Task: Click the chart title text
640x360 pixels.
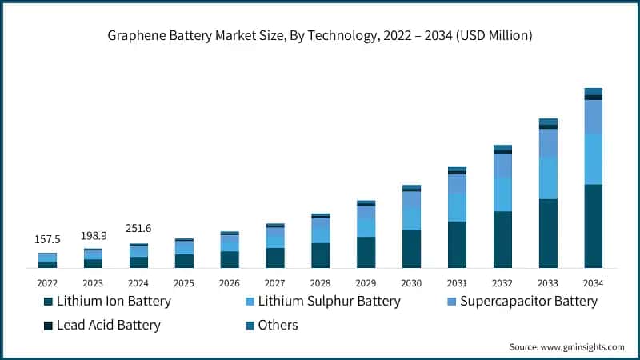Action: pos(320,35)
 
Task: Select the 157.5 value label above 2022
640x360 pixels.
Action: pos(47,240)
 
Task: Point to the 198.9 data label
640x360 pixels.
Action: pos(93,236)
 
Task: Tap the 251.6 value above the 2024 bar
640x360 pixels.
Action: pos(138,229)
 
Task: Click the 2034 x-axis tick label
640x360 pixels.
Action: pos(593,283)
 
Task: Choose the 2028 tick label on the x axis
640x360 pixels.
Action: pos(320,283)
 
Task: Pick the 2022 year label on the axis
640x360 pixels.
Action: pos(47,283)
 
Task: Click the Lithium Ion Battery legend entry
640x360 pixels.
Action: pos(113,302)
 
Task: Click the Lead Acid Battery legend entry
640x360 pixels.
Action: pos(108,325)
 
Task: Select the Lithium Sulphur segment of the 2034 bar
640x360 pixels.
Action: pos(593,159)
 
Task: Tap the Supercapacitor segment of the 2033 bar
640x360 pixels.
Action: pos(548,143)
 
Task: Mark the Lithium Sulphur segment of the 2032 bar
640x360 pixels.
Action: pos(502,194)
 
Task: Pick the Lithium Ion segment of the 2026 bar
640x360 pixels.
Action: pos(230,259)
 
